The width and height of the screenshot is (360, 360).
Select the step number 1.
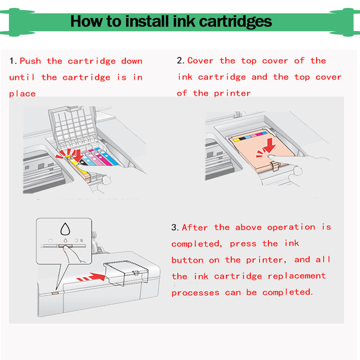13,61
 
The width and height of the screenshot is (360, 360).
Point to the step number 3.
175,228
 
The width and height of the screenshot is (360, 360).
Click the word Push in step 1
30,61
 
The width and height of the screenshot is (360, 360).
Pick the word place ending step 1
22,94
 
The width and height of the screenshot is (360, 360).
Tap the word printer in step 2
232,93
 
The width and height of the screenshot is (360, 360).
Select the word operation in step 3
291,227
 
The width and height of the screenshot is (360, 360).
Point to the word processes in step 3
195,293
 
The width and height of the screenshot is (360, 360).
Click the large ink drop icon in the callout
65,229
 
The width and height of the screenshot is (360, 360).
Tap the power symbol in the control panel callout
50,240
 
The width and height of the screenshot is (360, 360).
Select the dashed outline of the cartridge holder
126,273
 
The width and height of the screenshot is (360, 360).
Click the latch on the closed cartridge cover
274,166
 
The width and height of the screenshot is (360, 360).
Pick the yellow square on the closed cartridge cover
236,139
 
